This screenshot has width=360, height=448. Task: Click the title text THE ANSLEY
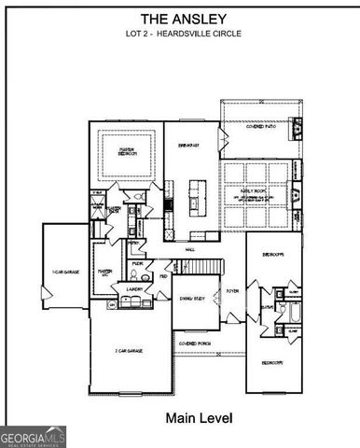coord(180,18)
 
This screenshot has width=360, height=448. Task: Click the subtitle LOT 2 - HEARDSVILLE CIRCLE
coord(180,34)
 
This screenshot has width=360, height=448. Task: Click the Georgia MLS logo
coord(34,436)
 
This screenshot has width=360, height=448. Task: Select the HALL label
coord(189,250)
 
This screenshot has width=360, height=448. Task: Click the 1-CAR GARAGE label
coord(65,272)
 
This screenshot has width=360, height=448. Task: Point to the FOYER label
coord(233,290)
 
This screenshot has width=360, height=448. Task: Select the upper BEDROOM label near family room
coord(272,253)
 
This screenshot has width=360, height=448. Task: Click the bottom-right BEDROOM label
coord(272,362)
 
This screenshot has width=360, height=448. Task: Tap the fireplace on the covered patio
coord(297,128)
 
